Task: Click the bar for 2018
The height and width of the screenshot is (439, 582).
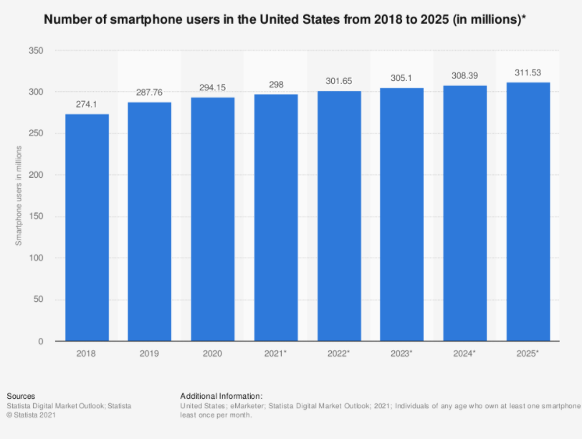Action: coord(87,227)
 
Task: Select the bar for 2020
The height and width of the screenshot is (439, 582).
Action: coord(212,219)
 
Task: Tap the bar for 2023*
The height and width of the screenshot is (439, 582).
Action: coord(401,215)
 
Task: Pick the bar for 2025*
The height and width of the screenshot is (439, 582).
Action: coord(528,212)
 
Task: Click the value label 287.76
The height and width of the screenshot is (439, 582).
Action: coord(150,93)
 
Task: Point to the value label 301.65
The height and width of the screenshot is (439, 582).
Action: coord(338,82)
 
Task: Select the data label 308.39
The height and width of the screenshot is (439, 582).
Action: coord(464,75)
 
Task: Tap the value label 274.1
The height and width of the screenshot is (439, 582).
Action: coord(87,105)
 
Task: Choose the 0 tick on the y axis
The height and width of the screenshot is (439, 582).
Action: coord(42,341)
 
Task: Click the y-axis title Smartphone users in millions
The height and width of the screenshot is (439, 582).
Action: coord(19,195)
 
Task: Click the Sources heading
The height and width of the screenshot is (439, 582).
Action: coord(21,396)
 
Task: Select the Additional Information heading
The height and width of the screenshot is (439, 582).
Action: coord(221,396)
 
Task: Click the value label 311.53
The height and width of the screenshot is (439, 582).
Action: coord(528,72)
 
